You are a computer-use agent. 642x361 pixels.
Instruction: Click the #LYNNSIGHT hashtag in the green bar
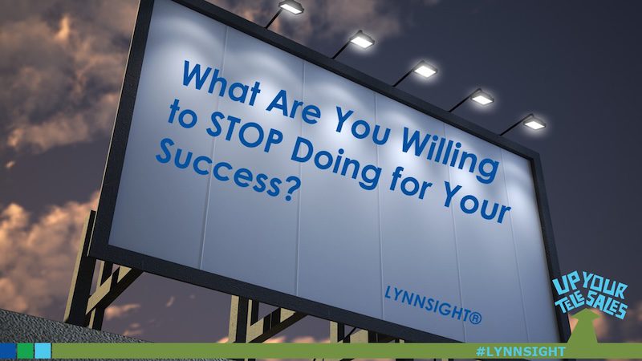520,351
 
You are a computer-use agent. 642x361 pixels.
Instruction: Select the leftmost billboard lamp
291,9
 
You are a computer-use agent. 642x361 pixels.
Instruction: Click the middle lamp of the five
425,70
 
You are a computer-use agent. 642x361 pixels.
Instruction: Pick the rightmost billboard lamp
534,123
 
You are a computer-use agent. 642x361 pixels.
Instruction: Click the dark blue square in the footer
9,351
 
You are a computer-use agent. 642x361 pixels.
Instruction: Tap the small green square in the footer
26,351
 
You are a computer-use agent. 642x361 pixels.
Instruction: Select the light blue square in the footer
43,351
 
